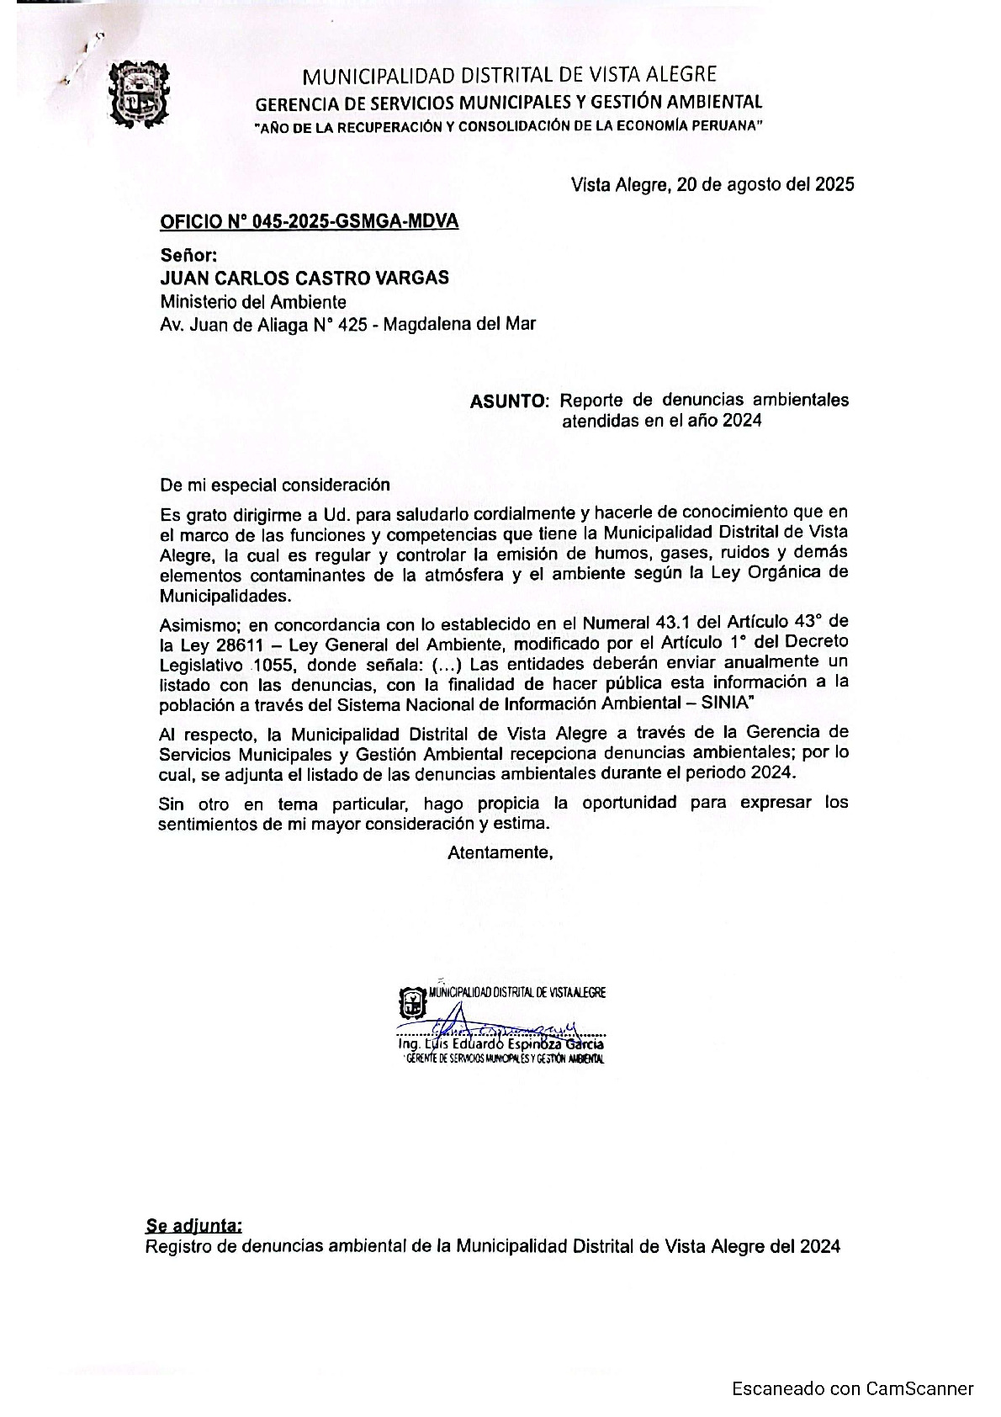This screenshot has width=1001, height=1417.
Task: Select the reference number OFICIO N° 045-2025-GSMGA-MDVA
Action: [310, 222]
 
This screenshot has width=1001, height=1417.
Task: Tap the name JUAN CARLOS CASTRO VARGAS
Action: [305, 278]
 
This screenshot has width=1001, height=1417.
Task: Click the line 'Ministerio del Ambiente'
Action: [253, 301]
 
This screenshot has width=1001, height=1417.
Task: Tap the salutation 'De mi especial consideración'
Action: [275, 485]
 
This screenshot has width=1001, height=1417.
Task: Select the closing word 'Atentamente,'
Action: [500, 852]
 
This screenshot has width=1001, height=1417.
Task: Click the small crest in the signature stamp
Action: [410, 1001]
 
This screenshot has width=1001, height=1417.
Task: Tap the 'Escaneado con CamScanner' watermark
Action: [852, 1388]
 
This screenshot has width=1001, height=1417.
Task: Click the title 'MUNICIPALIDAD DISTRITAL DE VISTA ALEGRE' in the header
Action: [510, 76]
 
